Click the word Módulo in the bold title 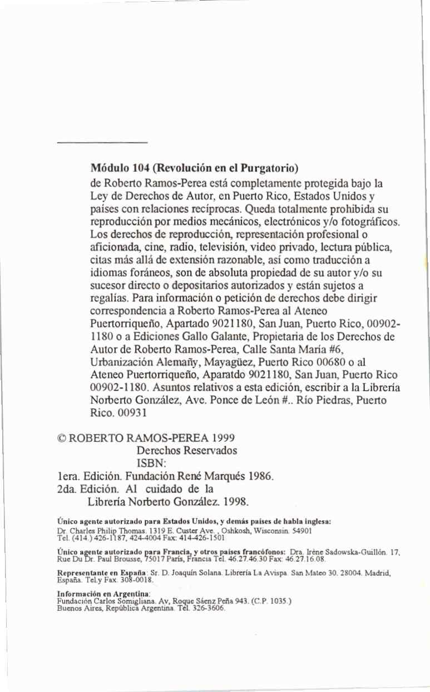[x=108, y=167]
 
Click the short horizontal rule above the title [x=101, y=143]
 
